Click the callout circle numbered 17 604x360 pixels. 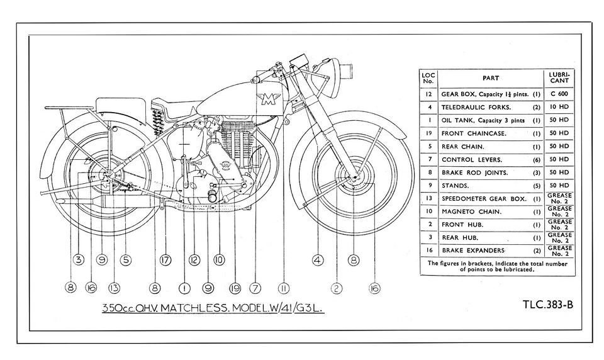(x=166, y=259)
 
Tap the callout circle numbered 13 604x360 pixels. (x=114, y=288)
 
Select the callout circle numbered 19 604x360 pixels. (x=235, y=288)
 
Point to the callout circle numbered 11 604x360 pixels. (x=284, y=288)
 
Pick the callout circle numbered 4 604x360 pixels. (x=125, y=259)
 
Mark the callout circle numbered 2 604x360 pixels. (x=337, y=288)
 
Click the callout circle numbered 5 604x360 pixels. (x=125, y=259)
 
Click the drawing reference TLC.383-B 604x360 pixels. (x=547, y=304)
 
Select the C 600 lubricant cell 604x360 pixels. (x=559, y=94)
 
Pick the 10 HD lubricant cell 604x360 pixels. (x=559, y=107)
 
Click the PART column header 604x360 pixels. (x=490, y=78)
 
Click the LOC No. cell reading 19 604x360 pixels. (x=428, y=133)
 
